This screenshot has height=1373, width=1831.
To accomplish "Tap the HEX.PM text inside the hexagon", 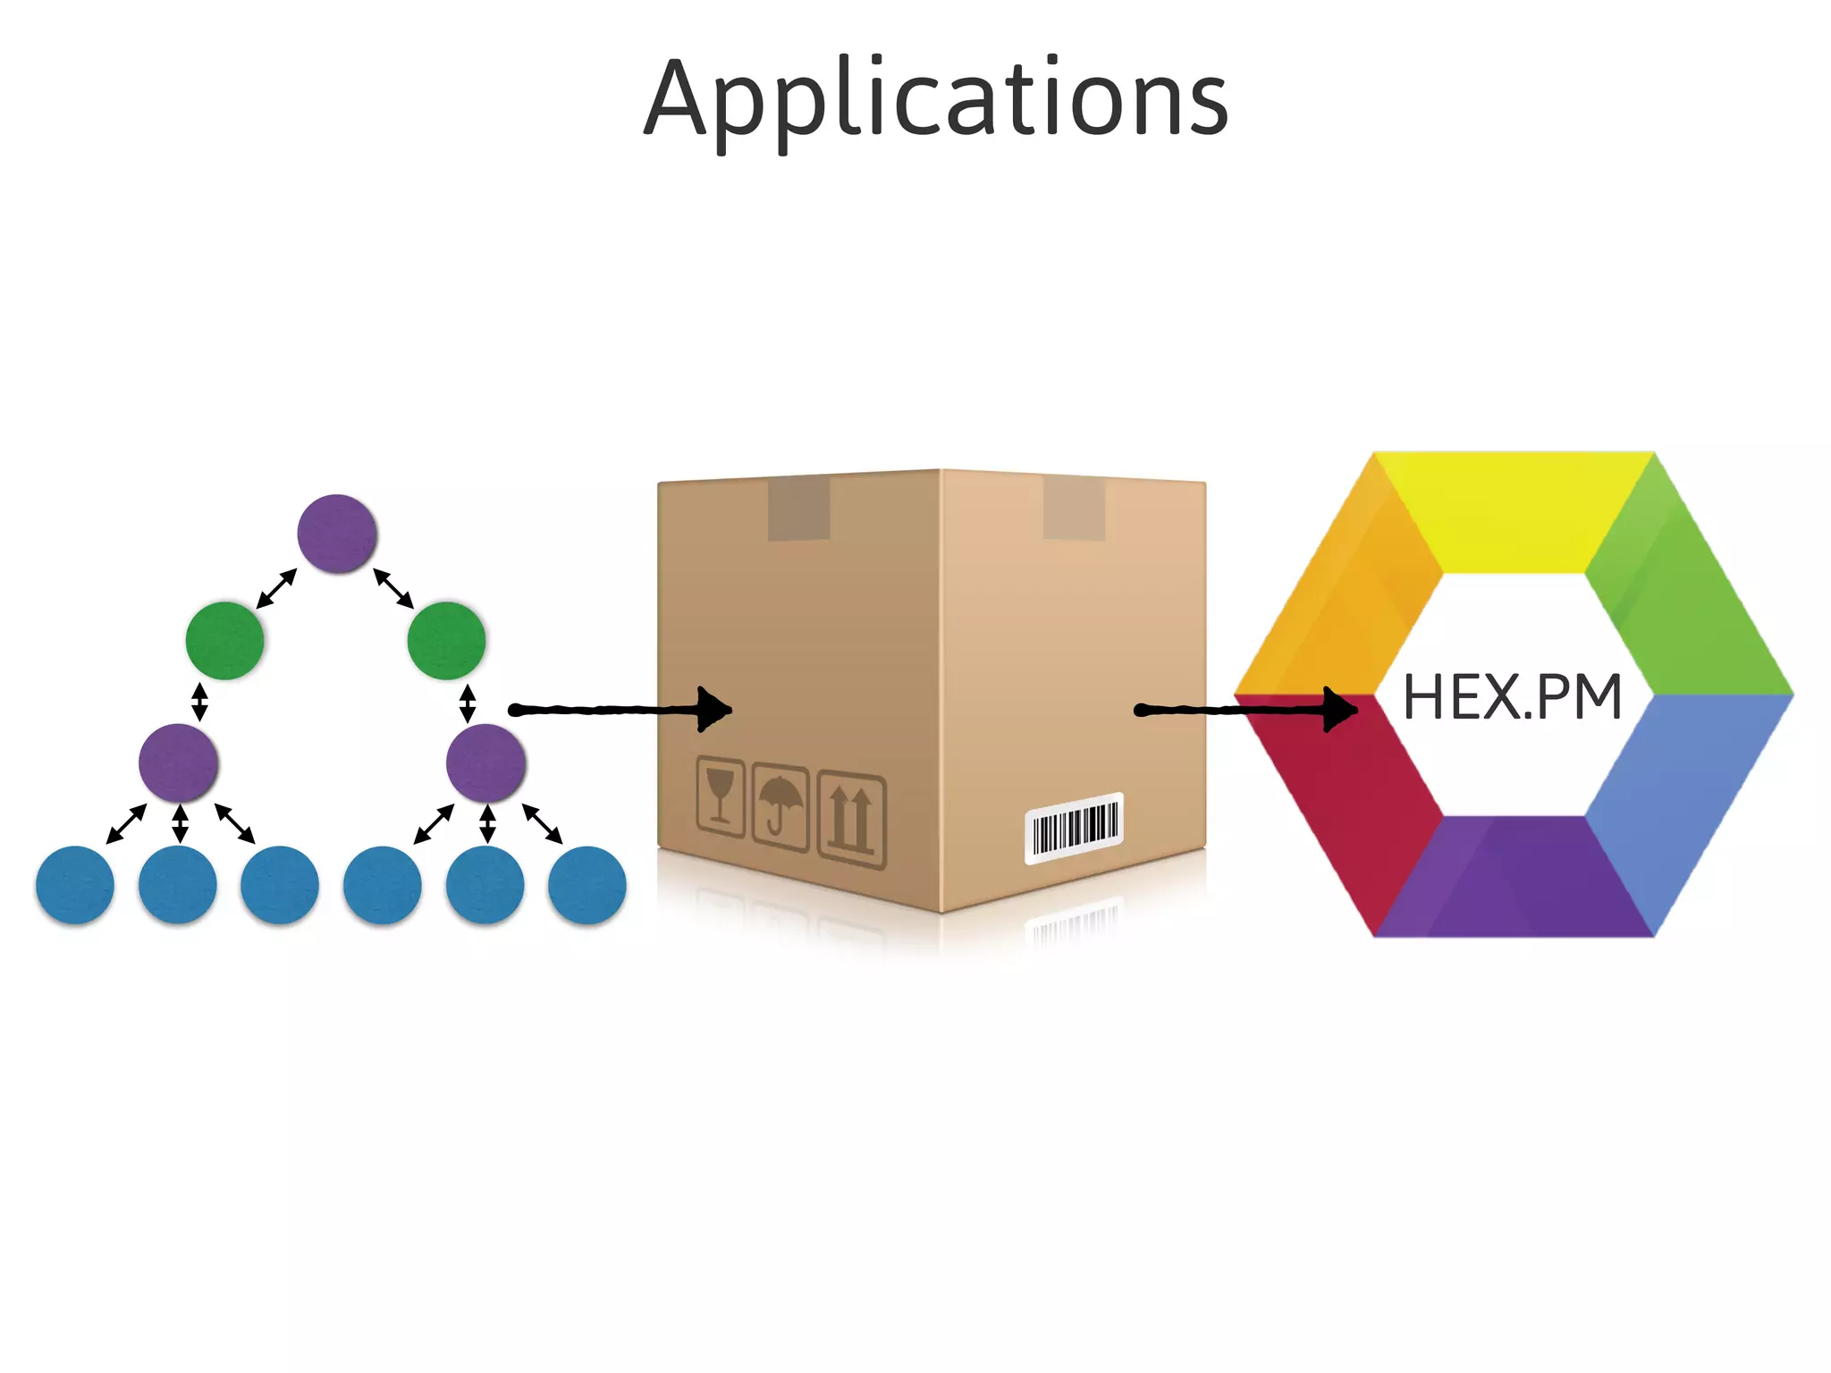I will click(x=1512, y=698).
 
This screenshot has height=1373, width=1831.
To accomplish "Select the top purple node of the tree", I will click(x=337, y=534).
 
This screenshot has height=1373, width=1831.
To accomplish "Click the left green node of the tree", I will click(x=224, y=640).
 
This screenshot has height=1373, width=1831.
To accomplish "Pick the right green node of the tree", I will click(x=446, y=640).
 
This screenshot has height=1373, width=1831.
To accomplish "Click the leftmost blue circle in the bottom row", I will click(x=75, y=885).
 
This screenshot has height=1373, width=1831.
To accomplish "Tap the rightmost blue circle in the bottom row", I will click(x=586, y=885).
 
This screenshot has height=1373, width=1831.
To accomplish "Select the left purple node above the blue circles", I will click(x=178, y=762).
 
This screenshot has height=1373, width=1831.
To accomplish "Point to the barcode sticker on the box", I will click(x=1074, y=828).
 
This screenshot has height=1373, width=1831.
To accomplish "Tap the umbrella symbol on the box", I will click(x=780, y=807).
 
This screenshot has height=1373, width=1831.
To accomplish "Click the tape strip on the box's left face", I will click(x=798, y=508).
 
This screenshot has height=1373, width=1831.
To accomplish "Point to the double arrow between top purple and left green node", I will click(x=276, y=588).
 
